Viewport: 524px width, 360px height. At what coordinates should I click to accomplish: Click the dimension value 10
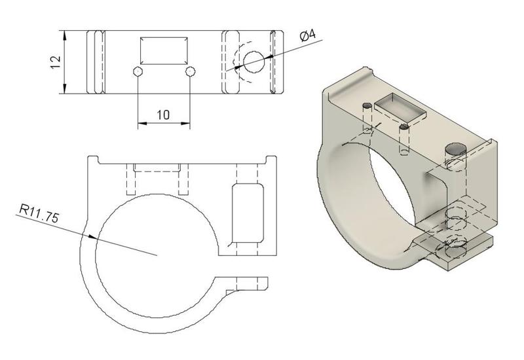[x=163, y=115]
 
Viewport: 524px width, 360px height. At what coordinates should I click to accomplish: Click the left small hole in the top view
[x=138, y=71]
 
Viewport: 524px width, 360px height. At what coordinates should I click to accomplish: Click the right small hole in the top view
[x=190, y=71]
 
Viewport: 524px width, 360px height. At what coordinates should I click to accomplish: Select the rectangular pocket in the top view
[x=164, y=50]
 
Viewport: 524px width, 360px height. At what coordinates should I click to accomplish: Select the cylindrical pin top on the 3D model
[x=453, y=149]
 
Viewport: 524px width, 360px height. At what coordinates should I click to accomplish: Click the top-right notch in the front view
[x=271, y=159]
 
